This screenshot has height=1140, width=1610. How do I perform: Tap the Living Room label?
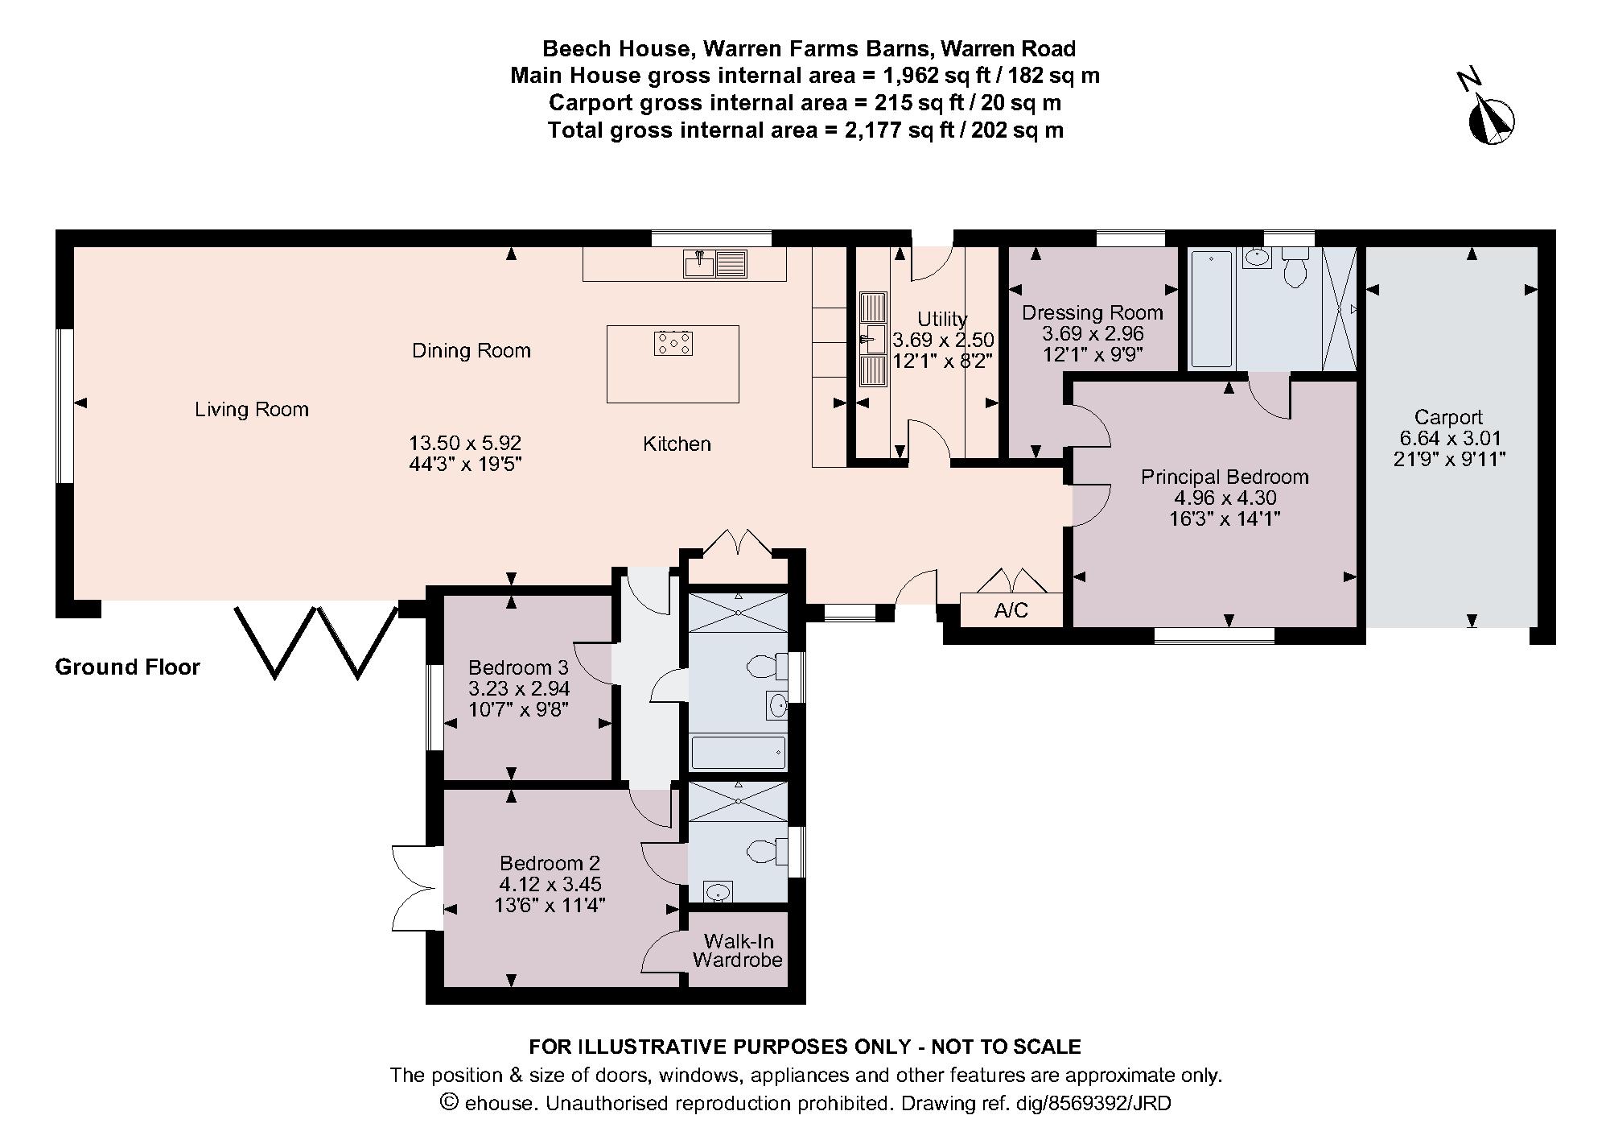252,410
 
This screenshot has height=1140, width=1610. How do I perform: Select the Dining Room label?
471,351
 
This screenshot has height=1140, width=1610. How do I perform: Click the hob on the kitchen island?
673,344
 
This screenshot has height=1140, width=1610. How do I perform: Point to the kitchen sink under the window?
715,263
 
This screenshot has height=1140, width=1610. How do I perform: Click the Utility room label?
942,319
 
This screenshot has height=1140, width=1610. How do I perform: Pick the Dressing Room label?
1093,312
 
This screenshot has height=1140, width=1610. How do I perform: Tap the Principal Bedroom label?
1225,477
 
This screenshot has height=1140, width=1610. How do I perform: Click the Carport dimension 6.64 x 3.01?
1449,439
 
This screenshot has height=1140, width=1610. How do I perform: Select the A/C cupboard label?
1011,611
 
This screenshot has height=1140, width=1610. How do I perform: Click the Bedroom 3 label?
518,668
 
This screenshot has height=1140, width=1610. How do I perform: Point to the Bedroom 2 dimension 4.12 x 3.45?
550,885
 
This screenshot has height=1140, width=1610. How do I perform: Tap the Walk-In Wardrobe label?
738,951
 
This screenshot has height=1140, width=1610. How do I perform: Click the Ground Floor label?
127,667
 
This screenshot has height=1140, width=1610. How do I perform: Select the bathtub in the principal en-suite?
1211,309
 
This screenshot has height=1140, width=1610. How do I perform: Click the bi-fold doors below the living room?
317,642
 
